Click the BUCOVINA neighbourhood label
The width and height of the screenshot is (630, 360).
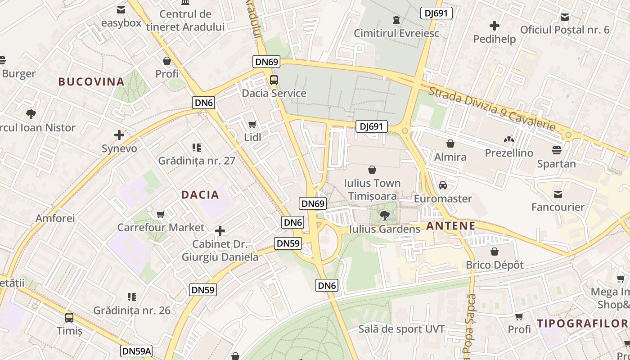click(x=91, y=81)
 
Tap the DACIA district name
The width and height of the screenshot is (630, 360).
click(x=200, y=195)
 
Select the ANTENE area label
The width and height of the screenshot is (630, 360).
click(x=450, y=226)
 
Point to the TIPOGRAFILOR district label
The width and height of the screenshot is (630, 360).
click(x=582, y=323)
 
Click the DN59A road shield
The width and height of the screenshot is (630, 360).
click(x=136, y=351)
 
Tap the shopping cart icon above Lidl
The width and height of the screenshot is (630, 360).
click(x=252, y=124)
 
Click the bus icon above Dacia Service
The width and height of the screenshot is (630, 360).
click(x=274, y=80)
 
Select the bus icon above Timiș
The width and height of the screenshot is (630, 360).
click(x=69, y=317)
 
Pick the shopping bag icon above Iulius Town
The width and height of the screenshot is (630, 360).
click(x=372, y=170)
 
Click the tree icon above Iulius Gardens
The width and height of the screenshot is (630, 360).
click(x=384, y=216)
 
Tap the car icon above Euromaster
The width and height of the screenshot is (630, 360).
click(x=443, y=185)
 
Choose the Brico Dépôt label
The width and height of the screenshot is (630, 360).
click(x=495, y=265)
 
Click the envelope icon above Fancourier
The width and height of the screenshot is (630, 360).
click(x=558, y=194)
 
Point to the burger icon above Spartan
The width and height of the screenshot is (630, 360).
click(x=557, y=150)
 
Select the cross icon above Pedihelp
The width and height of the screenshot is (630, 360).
click(x=495, y=26)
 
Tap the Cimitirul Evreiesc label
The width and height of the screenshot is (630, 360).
click(x=396, y=33)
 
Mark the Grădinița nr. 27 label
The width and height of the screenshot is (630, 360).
click(x=197, y=161)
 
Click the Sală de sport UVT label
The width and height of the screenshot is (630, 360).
click(x=401, y=329)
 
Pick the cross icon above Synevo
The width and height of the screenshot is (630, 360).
click(x=119, y=135)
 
